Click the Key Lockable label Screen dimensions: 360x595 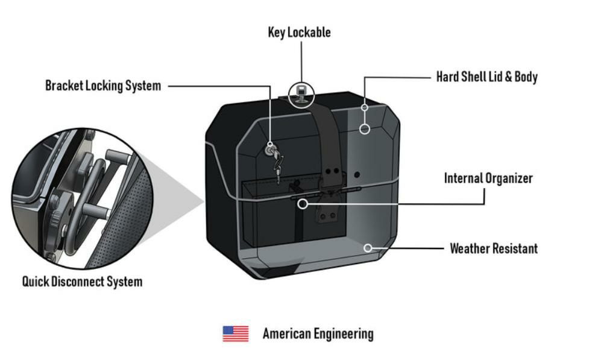click(x=299, y=33)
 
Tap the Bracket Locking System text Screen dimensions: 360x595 click(x=103, y=86)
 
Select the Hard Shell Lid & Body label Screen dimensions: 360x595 click(x=486, y=77)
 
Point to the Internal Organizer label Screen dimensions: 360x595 click(x=488, y=178)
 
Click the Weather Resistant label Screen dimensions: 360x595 click(x=494, y=248)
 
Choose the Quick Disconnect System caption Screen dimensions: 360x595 click(x=82, y=282)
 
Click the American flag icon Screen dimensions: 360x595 click(x=235, y=333)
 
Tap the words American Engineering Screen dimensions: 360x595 click(x=318, y=333)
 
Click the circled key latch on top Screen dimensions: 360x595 click(x=301, y=93)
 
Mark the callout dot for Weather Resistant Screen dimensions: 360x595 click(x=368, y=247)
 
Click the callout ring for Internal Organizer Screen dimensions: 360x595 click(x=303, y=204)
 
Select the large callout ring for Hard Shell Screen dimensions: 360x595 click(x=364, y=128)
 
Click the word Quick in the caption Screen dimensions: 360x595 click(x=36, y=282)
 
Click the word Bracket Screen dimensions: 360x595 click(x=63, y=86)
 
